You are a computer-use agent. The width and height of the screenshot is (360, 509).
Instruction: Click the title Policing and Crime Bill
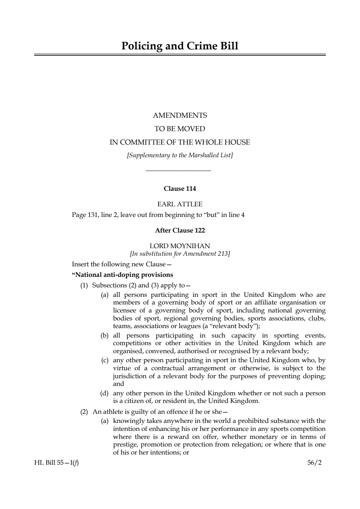pyautogui.click(x=180, y=46)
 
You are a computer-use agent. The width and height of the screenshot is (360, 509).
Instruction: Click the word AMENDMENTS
pyautogui.click(x=180, y=116)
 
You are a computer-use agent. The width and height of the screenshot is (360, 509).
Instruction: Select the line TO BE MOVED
pyautogui.click(x=180, y=129)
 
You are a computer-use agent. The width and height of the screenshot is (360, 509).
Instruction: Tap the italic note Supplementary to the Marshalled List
pyautogui.click(x=180, y=155)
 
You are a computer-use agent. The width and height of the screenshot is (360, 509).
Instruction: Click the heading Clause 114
pyautogui.click(x=180, y=189)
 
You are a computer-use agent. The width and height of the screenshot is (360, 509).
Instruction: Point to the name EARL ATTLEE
pyautogui.click(x=180, y=204)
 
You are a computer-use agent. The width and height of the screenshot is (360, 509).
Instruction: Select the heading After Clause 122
pyautogui.click(x=180, y=230)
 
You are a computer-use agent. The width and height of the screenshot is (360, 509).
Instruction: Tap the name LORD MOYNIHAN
pyautogui.click(x=180, y=246)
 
